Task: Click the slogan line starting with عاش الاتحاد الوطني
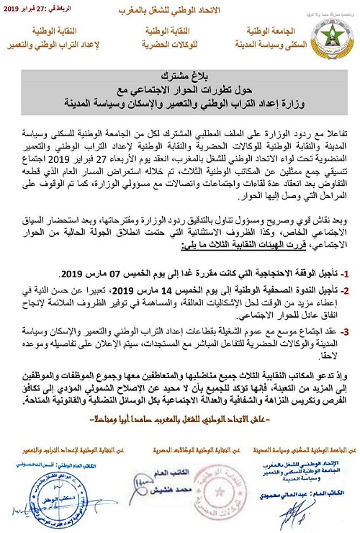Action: (180, 416)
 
